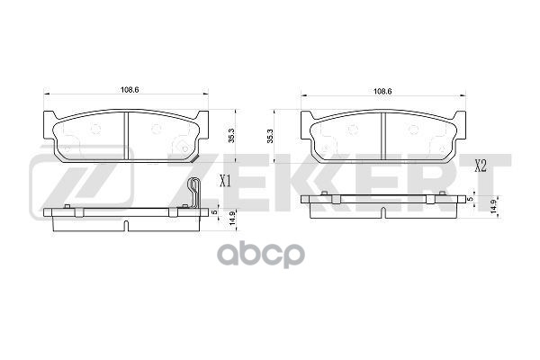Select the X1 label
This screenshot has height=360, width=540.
pos(226,181)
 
